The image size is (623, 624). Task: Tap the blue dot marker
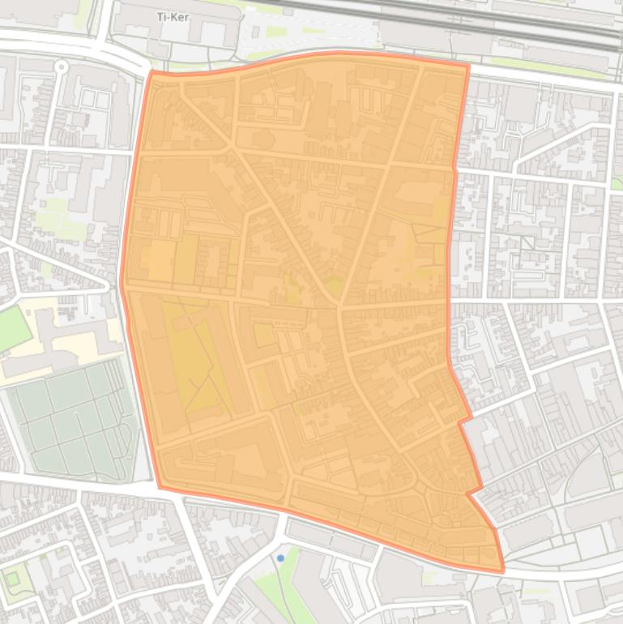280,558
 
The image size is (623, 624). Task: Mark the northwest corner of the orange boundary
151,72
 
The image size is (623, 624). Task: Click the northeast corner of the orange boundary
468,65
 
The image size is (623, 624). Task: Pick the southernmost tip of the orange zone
501,571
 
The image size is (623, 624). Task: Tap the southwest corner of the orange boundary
160,487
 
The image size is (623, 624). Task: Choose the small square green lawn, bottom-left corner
12,578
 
